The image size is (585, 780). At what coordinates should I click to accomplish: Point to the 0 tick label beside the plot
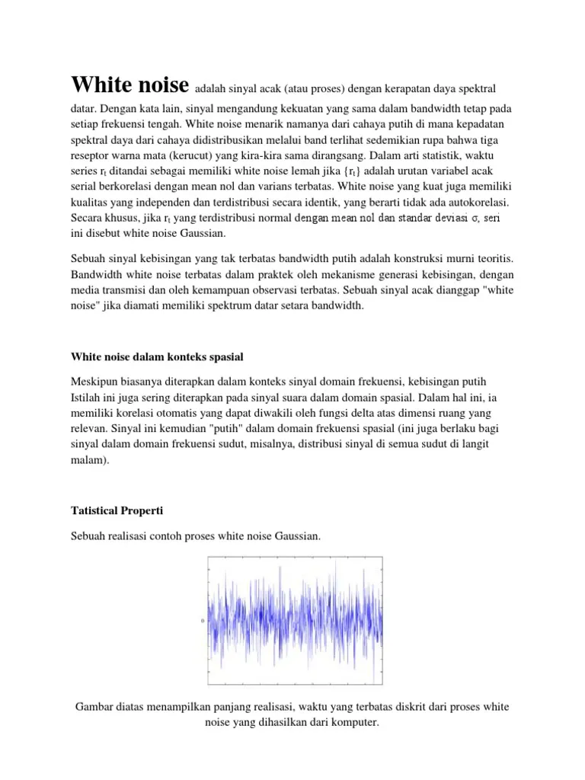(x=201, y=621)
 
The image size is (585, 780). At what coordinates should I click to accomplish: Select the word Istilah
(x=88, y=397)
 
